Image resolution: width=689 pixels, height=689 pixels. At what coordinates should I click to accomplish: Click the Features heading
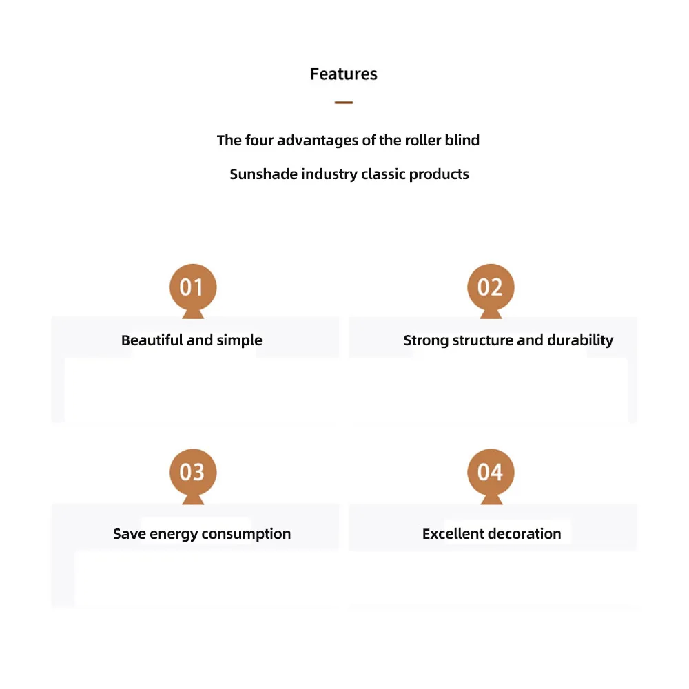click(343, 74)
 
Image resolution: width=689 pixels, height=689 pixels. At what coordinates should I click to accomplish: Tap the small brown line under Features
click(343, 103)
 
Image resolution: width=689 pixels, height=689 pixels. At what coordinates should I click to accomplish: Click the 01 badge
click(192, 287)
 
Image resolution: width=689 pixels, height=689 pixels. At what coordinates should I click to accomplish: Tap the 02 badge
click(491, 287)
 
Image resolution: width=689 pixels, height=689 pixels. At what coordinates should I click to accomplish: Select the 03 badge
click(192, 472)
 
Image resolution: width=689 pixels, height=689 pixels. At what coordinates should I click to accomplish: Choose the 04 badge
click(491, 472)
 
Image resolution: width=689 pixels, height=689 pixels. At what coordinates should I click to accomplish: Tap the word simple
click(239, 340)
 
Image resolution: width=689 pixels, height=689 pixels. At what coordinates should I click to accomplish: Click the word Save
click(129, 534)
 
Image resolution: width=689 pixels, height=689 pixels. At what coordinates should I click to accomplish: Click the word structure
click(482, 340)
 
